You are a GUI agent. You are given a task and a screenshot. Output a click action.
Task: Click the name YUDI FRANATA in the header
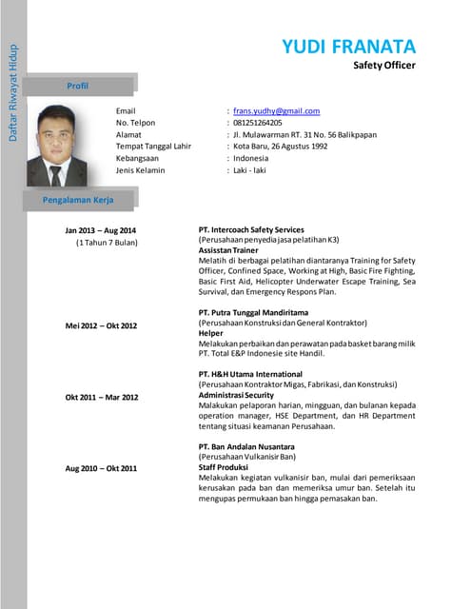click(349, 46)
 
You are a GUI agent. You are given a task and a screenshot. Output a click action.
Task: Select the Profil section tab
click(77, 86)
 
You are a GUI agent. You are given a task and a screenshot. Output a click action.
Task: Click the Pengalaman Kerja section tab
click(77, 200)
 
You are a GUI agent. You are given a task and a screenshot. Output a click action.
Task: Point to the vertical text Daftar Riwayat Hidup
click(13, 91)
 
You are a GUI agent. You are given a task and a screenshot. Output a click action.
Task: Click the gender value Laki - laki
click(252, 170)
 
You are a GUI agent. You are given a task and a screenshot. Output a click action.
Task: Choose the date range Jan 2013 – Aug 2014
click(101, 231)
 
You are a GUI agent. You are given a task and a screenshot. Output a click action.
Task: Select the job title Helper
click(210, 334)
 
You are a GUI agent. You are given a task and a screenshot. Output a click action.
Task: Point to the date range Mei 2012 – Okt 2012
click(101, 326)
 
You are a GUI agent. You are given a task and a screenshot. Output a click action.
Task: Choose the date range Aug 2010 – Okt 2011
click(101, 468)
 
